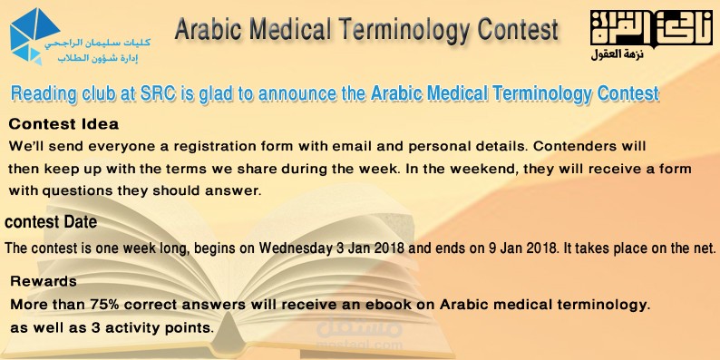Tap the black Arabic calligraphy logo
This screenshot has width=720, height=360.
(651, 28)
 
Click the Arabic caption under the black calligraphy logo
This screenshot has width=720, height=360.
(618, 54)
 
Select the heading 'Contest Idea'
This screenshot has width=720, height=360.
(63, 124)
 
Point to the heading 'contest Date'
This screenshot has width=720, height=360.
(51, 223)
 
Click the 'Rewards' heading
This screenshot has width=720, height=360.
(44, 281)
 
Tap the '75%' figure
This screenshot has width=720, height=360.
(105, 305)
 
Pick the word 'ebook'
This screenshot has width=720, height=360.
(389, 305)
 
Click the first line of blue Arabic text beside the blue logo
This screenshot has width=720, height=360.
(98, 44)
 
